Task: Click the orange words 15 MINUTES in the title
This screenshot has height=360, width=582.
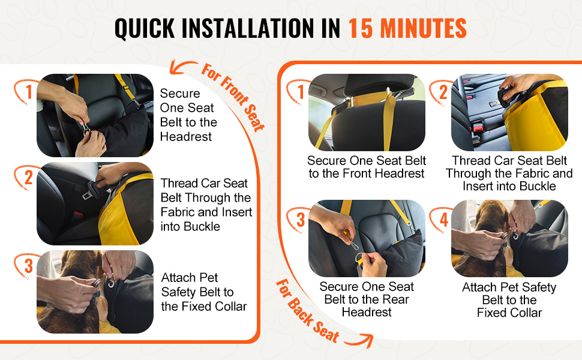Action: click(407, 28)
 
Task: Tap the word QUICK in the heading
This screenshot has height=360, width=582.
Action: click(145, 29)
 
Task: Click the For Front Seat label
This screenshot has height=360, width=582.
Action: click(233, 97)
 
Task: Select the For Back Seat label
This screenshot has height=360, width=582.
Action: click(308, 311)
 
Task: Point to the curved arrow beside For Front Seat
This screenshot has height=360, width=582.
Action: click(182, 66)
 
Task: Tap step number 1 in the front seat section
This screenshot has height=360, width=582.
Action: click(29, 92)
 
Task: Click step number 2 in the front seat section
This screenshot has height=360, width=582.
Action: click(29, 178)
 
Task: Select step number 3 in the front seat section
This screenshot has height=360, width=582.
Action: click(29, 266)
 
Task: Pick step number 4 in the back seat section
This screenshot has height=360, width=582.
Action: click(444, 220)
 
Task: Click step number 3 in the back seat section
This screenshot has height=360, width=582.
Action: click(301, 220)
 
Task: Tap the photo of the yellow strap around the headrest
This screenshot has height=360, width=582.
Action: click(367, 112)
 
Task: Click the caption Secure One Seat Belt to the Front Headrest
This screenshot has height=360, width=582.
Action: click(367, 167)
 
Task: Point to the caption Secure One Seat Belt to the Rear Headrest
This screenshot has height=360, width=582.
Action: click(367, 299)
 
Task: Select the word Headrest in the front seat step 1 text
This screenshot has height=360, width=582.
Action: click(185, 137)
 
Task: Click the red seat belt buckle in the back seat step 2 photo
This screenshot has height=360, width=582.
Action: click(478, 128)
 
